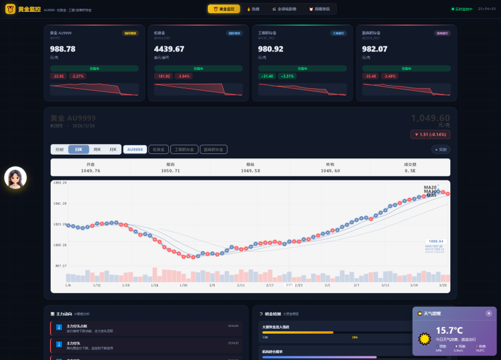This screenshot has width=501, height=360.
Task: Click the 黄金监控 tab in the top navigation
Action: coord(224,9)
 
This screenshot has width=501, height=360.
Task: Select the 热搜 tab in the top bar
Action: coord(253,9)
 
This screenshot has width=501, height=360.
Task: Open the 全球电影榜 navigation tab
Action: coord(285,9)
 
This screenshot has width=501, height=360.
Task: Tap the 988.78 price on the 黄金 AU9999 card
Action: coord(63,49)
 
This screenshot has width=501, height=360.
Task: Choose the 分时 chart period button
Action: coord(59,150)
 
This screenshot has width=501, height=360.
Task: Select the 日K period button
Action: coord(78,150)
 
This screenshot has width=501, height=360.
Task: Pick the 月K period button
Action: coord(113,150)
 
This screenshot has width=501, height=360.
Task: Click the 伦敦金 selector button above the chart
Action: coord(158,150)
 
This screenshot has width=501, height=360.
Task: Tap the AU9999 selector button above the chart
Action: coord(135,150)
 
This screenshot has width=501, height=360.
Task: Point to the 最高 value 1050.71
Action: coord(170,170)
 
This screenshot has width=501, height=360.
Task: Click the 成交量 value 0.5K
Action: coord(410,170)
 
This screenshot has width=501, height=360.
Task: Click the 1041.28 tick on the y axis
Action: coord(60,203)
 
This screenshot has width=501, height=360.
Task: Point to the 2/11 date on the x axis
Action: coord(241,285)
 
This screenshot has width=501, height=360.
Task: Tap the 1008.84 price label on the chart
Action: coord(436,241)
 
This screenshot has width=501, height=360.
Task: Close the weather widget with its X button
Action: coord(488,313)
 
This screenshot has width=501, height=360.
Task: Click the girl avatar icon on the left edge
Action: coord(15,178)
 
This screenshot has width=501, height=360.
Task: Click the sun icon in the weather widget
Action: coord(425,339)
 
